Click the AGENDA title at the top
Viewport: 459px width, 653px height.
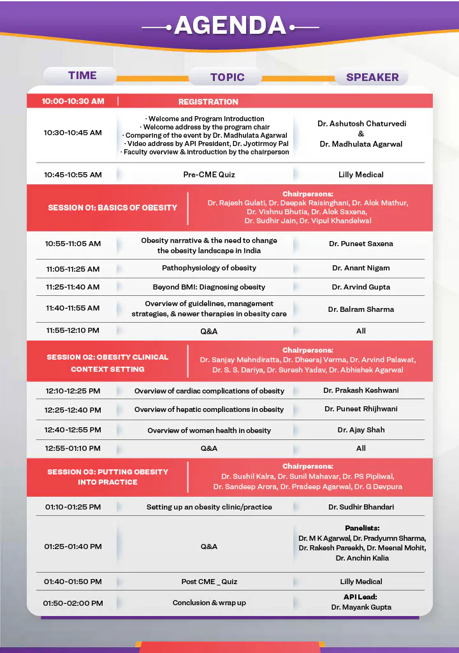pos(229,25)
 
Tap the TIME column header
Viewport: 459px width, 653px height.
pos(82,75)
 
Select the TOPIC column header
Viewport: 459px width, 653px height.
pos(227,77)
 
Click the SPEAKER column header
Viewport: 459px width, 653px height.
pos(372,77)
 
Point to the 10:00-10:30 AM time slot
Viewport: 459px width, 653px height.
pos(73,101)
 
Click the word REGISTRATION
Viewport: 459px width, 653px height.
pos(208,101)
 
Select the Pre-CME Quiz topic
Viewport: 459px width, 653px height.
pos(208,174)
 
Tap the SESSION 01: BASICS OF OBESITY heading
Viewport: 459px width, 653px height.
pos(112,207)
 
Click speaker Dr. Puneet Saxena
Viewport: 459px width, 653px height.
pos(361,244)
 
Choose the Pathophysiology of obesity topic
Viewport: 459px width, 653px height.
pos(209,268)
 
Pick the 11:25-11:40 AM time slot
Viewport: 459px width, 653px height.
pos(73,287)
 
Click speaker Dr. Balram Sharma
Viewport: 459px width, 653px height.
pos(361,309)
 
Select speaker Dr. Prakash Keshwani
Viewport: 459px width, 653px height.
pos(361,390)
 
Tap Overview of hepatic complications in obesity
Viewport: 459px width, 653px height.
pos(209,409)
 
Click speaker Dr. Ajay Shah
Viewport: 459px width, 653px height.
pos(361,430)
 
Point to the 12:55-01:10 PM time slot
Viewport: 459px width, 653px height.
pos(73,448)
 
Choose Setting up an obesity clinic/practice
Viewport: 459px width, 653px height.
pos(209,507)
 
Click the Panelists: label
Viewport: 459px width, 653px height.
pos(362,528)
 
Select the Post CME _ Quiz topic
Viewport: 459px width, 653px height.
pos(209,582)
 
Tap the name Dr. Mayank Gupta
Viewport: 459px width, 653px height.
pos(361,607)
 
